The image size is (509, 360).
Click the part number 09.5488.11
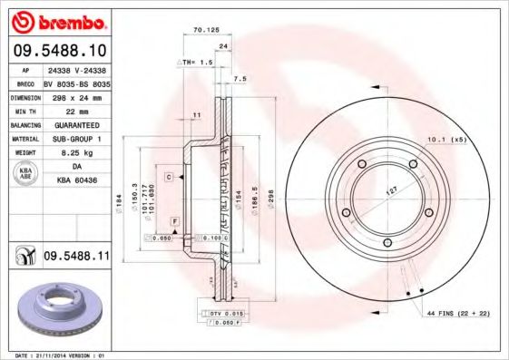(76, 258)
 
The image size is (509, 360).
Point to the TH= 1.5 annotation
(197, 62)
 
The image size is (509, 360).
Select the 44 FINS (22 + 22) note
(457, 312)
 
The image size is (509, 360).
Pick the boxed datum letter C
(169, 178)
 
